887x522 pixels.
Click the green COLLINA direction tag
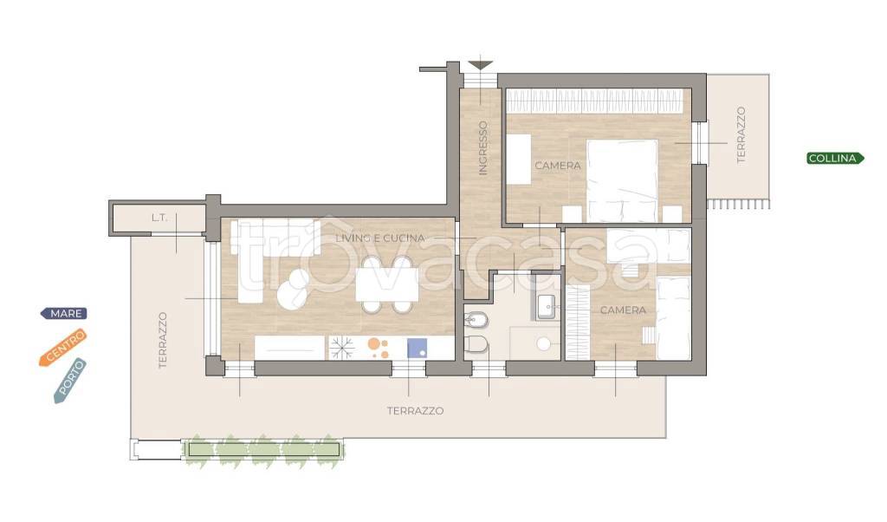click(835, 159)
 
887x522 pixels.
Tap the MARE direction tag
click(64, 313)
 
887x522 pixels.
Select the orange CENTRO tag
click(63, 347)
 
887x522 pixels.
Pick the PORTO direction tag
click(70, 381)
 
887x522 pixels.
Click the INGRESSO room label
click(482, 147)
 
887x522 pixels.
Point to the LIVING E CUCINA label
click(380, 238)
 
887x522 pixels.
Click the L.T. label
click(159, 218)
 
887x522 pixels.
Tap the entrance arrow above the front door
click(480, 65)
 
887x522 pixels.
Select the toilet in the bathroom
click(476, 344)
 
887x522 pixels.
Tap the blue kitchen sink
click(418, 348)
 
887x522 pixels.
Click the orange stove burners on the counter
click(378, 348)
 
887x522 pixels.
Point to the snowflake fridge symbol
click(342, 348)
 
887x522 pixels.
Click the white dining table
click(387, 284)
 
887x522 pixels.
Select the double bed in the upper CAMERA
click(622, 180)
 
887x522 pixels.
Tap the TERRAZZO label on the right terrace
click(741, 135)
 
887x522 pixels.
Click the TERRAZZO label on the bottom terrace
click(415, 411)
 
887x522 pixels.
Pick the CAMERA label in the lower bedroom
click(623, 310)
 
